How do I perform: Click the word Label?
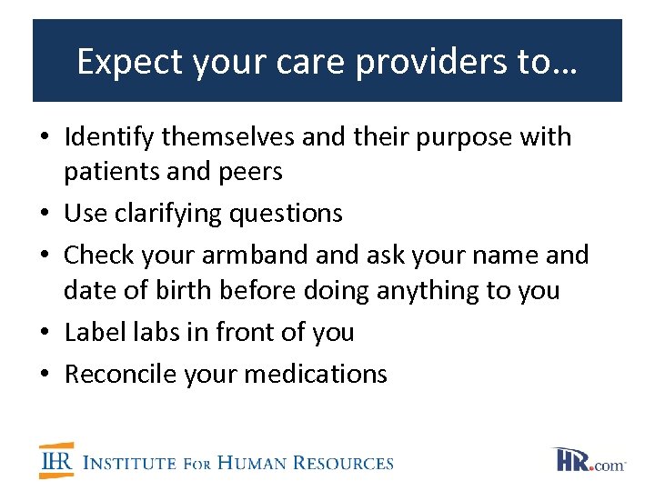pos(93,332)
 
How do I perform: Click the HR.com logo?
pos(589,460)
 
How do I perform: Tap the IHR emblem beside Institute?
pos(56,460)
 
